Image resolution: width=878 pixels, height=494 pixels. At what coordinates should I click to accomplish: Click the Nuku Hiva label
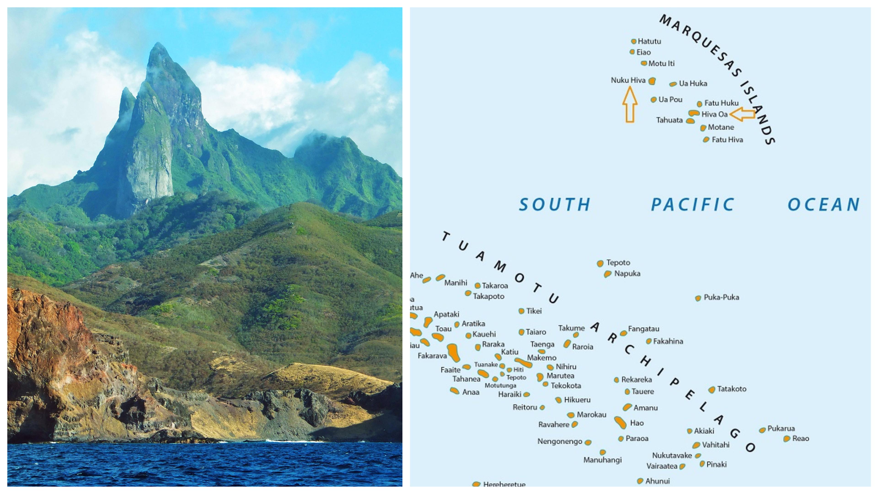coord(628,81)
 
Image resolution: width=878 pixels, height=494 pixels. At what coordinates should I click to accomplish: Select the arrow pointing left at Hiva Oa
coord(743,114)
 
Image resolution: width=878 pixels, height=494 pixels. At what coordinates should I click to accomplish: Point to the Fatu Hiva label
coord(727,140)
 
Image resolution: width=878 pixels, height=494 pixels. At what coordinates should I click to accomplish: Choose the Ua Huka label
coord(693,83)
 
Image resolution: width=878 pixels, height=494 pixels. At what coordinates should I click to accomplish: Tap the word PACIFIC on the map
coord(693,204)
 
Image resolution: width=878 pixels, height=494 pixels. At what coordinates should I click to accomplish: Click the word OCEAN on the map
coord(823,204)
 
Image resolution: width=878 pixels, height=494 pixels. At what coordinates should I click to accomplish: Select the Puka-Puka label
coord(721,297)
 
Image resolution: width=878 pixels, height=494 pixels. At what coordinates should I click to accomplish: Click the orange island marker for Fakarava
coord(453,353)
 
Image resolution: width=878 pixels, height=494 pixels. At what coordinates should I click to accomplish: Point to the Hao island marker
coord(620,422)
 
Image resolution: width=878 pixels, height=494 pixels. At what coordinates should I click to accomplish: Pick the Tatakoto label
coord(731,389)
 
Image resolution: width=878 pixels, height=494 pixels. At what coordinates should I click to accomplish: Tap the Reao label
coord(800,439)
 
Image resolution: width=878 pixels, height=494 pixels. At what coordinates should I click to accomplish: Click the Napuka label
coord(627,274)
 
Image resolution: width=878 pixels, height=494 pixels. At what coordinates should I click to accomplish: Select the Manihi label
coord(456,283)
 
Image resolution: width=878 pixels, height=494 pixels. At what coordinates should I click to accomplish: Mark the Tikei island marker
coord(521,311)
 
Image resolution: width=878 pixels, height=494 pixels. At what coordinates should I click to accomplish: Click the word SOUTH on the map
coord(554,204)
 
